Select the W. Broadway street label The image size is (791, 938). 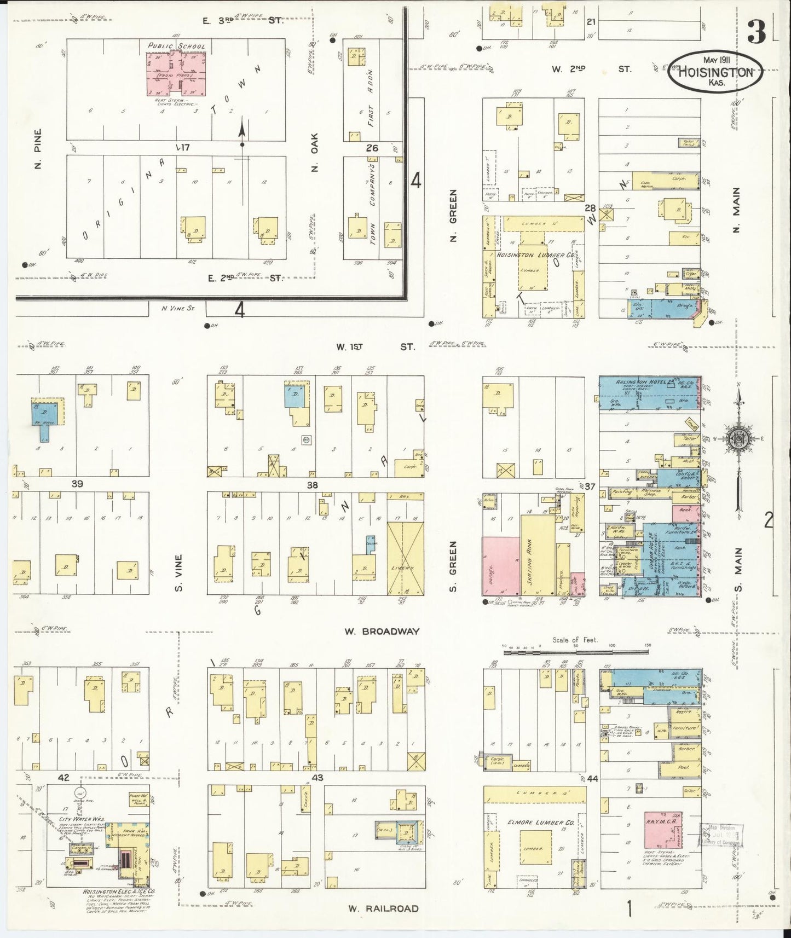382,631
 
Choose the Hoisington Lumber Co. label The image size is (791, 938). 535,255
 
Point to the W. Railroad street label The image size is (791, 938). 384,908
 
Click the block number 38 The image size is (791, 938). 312,485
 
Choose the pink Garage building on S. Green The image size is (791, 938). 500,566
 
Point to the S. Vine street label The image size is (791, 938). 179,574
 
